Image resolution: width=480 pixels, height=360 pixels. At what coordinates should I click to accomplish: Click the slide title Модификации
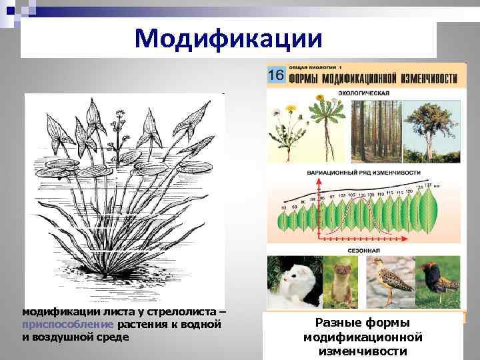[x=228, y=39]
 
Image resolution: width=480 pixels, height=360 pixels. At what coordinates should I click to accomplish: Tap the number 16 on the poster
[x=277, y=75]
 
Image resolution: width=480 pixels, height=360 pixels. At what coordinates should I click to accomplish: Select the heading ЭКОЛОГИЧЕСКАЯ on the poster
[x=363, y=92]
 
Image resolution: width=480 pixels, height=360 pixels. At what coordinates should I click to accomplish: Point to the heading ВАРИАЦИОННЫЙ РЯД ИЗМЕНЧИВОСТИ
[x=363, y=172]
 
